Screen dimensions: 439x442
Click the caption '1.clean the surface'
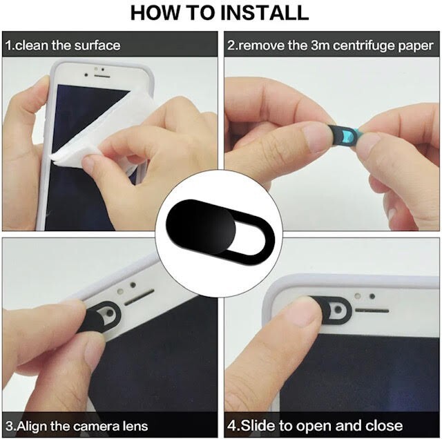click(62, 46)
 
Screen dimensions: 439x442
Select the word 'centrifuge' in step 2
click(367, 46)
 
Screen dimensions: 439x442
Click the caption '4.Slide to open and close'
click(315, 425)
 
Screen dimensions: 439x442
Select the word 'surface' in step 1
click(97, 46)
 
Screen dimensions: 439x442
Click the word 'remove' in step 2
click(259, 46)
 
